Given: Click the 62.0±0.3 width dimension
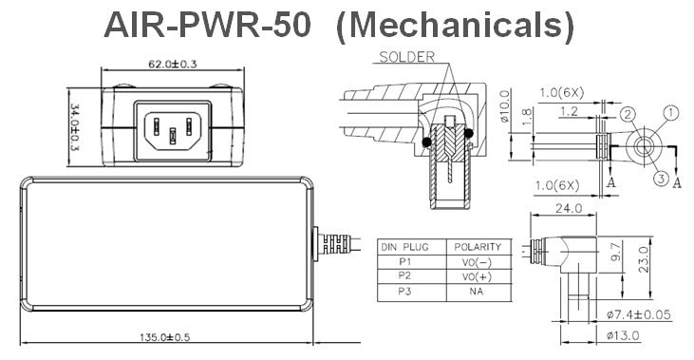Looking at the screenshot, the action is (172, 64).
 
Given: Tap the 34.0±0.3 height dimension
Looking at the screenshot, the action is (75, 127).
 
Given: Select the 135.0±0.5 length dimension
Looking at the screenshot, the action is (164, 337).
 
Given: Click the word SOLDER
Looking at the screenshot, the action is (406, 57).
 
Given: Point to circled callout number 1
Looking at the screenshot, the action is (671, 113).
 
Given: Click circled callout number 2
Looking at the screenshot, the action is (628, 115).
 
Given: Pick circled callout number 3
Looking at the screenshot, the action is (661, 179).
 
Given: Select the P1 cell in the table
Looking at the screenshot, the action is (404, 262).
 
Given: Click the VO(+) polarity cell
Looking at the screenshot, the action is (477, 276).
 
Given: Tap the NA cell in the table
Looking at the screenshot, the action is (477, 292).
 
